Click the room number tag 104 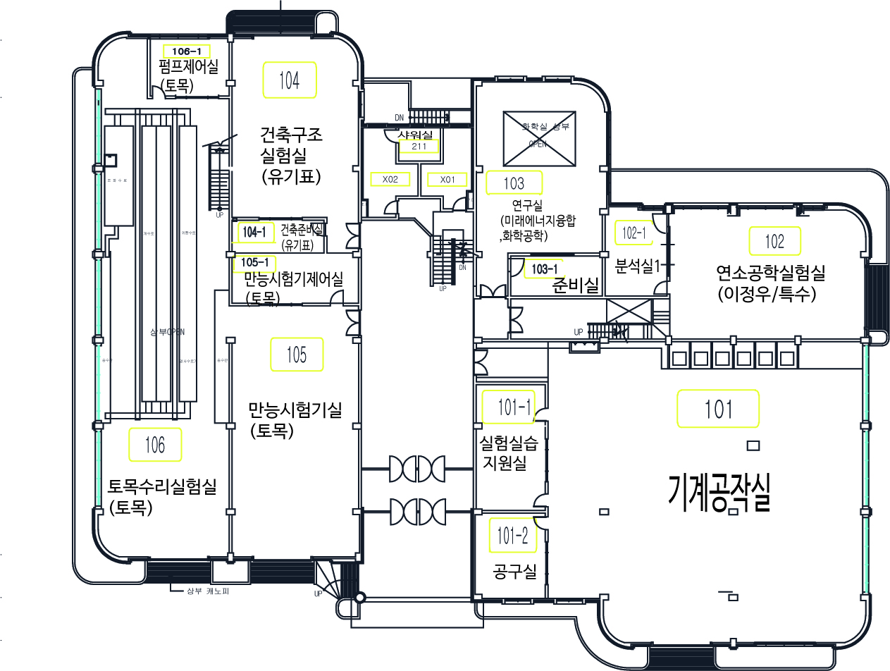coord(289,80)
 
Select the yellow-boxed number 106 coord(155,445)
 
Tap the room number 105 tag coord(297,355)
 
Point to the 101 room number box coord(718,409)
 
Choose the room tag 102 coord(774,242)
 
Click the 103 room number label coord(514,183)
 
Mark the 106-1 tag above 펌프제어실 coord(186,51)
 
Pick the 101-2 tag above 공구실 coord(512,536)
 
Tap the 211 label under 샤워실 coord(419,147)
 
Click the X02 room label coord(390,180)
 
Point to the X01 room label coord(447,180)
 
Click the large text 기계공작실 coord(720,491)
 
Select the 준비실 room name coord(576,285)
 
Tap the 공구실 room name coord(515,572)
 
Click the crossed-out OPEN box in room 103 coord(540,139)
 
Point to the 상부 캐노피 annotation coord(207,591)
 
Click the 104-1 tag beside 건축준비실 coord(253,231)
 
